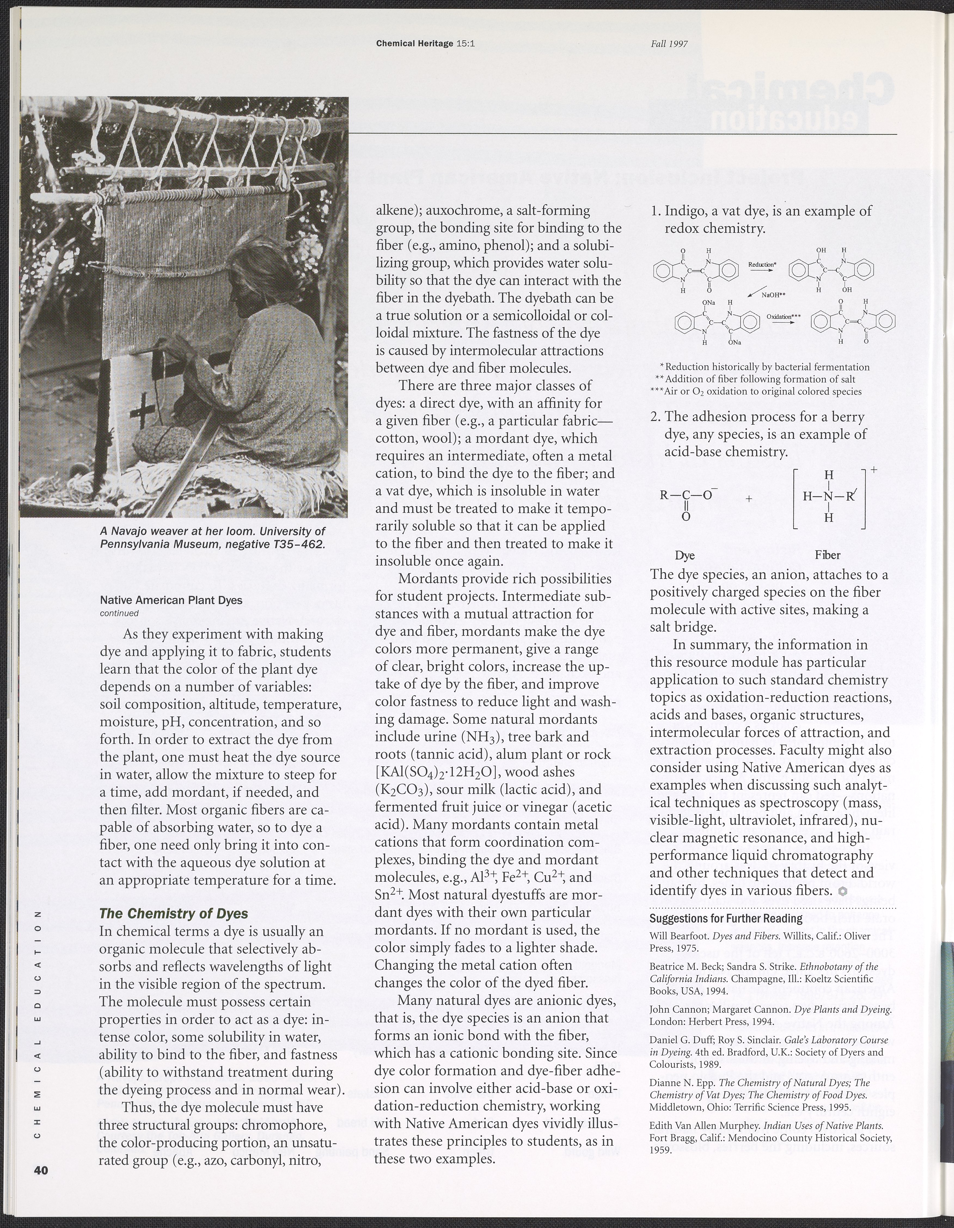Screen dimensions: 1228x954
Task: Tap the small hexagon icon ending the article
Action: pos(842,891)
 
